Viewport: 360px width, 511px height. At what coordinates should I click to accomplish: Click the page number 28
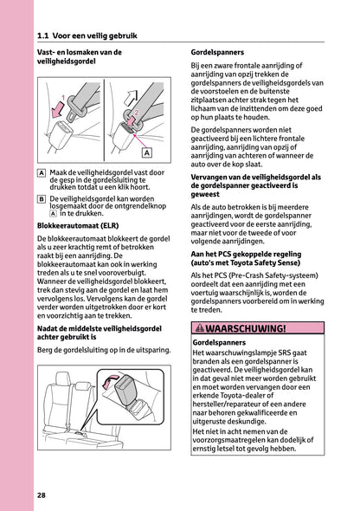[42, 495]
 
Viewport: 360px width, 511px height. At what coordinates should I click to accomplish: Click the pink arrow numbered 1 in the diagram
[58, 111]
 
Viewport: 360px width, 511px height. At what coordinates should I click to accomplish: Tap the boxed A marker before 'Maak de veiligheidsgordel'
[42, 173]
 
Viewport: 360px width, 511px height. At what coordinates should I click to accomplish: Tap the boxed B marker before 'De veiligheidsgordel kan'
[42, 197]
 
